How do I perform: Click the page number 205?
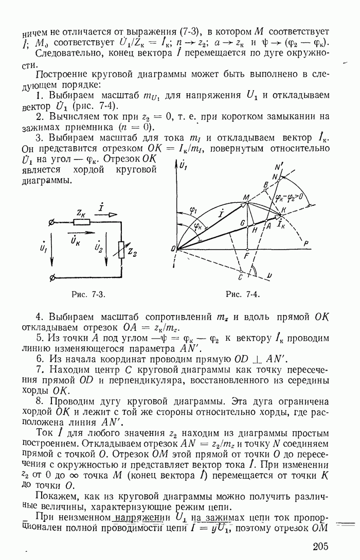pos(319,547)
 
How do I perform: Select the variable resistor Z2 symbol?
pos(121,251)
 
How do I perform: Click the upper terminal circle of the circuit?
pos(51,222)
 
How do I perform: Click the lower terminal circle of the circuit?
pos(51,278)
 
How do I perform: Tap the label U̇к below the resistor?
pos(75,240)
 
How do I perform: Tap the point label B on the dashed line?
pos(265,184)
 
